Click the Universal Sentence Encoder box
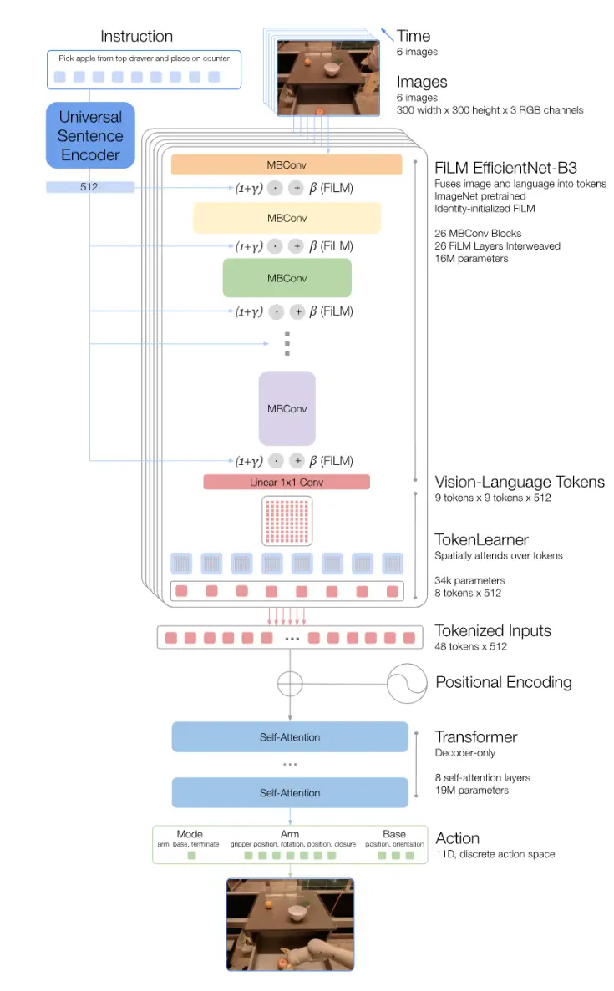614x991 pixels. click(90, 135)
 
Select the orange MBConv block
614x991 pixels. click(287, 164)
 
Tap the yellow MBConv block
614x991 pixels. click(287, 218)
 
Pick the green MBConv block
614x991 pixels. click(287, 278)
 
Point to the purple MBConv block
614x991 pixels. click(287, 408)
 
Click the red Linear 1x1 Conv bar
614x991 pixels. click(287, 483)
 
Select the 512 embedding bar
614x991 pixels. click(89, 186)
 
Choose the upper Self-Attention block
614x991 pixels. click(290, 737)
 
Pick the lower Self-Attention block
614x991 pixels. click(290, 792)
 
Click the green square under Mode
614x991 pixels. click(191, 855)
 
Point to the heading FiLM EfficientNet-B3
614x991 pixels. click(505, 168)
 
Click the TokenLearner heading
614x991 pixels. click(481, 539)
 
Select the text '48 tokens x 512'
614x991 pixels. click(470, 646)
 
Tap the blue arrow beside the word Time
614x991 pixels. click(387, 34)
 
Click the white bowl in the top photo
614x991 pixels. click(332, 68)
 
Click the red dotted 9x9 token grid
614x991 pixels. click(287, 521)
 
